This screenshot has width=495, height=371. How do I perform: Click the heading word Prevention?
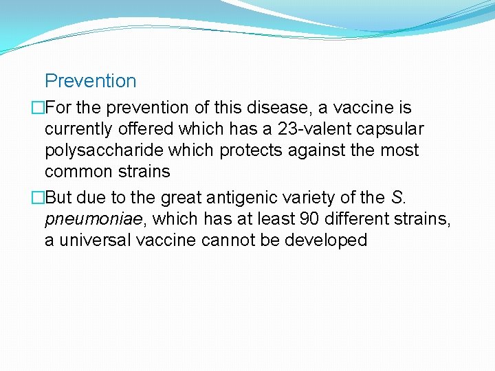90,81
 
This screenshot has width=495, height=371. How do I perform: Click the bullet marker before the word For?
38,109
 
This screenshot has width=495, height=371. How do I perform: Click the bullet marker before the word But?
38,198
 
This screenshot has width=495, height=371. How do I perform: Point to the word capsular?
395,129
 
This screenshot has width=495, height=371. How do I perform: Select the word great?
139,198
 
